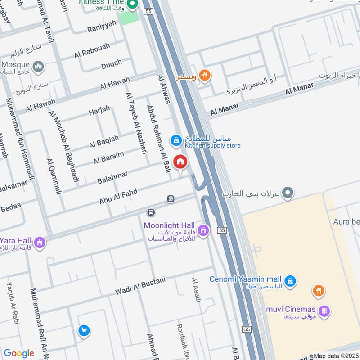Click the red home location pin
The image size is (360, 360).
tap(180, 162)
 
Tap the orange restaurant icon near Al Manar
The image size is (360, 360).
tap(204, 76)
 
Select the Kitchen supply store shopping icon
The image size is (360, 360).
tap(176, 141)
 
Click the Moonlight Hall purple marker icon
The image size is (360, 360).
tap(203, 230)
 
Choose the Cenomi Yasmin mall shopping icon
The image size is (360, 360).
tap(290, 280)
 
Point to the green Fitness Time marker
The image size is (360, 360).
tap(132, 6)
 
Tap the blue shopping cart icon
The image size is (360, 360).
tap(83, 331)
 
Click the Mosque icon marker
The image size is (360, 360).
tap(39, 67)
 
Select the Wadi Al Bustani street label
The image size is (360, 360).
tap(140, 285)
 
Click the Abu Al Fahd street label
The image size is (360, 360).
tap(118, 197)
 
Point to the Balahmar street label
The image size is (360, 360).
tap(112, 177)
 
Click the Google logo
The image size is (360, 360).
tap(19, 353)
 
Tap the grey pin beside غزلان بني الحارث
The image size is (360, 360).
tap(288, 193)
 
